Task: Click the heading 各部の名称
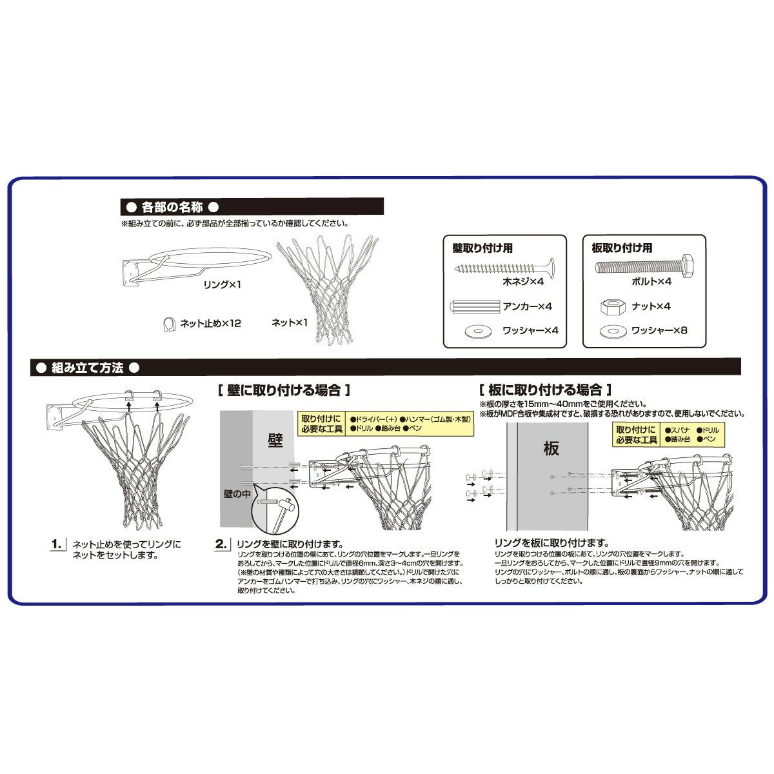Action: pos(172,207)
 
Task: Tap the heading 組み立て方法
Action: pos(87,368)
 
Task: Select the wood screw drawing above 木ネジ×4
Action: pos(504,268)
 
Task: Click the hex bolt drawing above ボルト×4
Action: pos(644,265)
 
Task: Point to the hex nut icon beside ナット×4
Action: pos(613,307)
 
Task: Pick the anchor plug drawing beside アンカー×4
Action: pos(475,306)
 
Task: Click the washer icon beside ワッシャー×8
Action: pos(613,332)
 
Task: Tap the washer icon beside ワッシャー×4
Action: pos(477,332)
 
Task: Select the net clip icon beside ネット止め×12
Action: pos(170,324)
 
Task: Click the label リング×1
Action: pos(222,285)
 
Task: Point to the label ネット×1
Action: pos(289,322)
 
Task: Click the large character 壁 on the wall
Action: pos(275,441)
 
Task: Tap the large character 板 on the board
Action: pos(551,448)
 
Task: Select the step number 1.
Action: pos(57,544)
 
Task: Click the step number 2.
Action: pos(221,544)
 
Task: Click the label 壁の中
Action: pos(237,493)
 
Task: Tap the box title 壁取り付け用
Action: pos(482,248)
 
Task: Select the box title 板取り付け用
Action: pos(622,248)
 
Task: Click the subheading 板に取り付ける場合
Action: pos(545,390)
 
